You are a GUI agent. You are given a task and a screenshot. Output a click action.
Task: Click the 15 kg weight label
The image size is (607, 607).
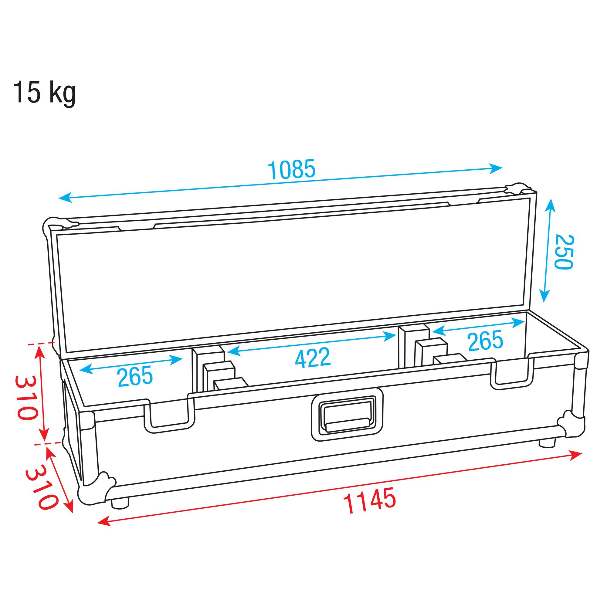tap(44, 92)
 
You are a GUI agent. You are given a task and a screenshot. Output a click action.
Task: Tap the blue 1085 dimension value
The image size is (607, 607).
tap(291, 170)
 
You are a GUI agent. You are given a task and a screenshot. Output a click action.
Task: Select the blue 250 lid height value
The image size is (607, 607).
tap(564, 252)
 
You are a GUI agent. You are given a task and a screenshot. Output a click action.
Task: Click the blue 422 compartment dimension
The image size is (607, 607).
tap(313, 358)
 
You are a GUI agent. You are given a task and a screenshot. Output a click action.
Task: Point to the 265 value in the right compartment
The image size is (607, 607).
tap(485, 341)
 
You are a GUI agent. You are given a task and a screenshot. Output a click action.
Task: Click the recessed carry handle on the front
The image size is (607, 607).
tap(347, 415)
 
